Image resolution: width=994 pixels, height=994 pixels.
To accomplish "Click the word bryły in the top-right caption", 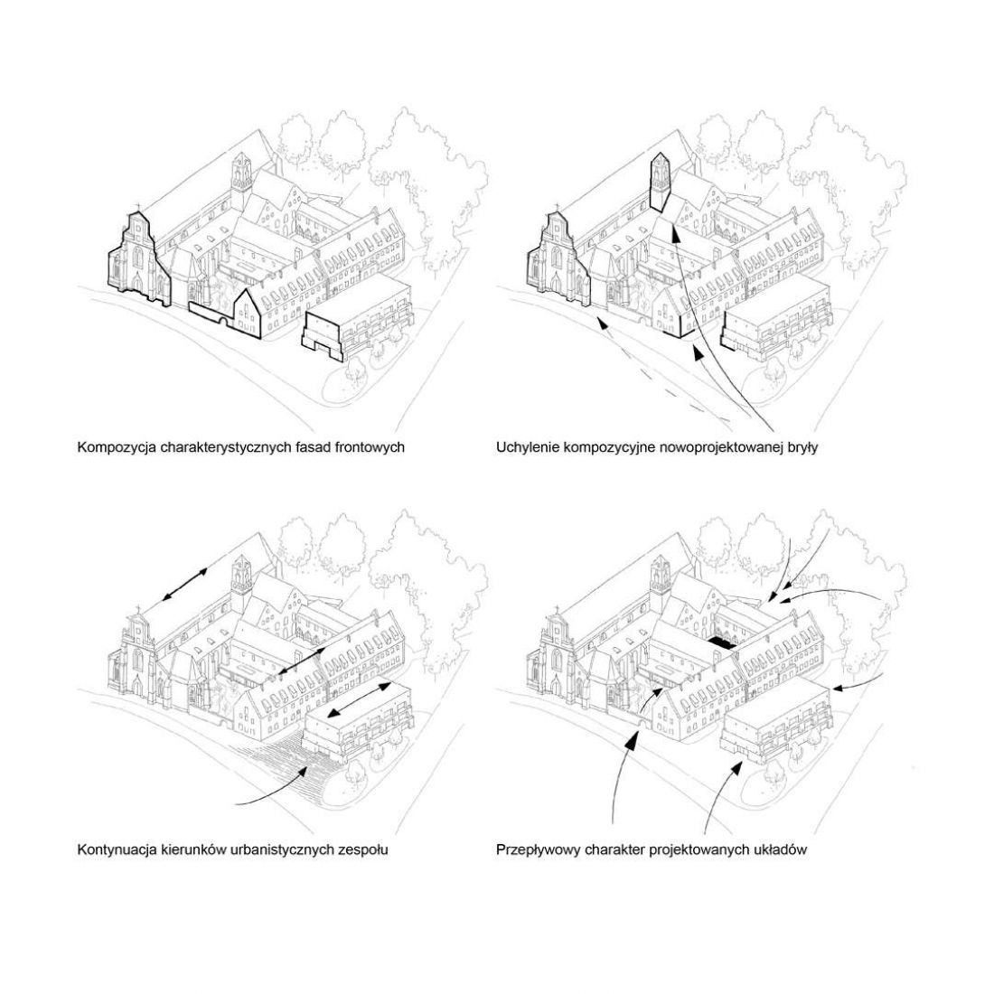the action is click(801, 447).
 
